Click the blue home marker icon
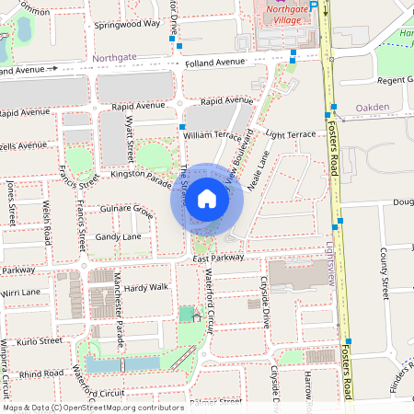[207, 199]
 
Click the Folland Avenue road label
[214, 62]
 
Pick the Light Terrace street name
[290, 134]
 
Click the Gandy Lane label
[119, 236]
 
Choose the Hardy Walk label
[146, 287]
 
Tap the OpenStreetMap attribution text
[93, 407]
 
